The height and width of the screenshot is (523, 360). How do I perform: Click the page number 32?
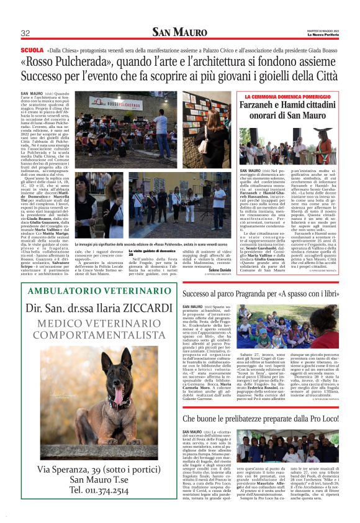[25, 33]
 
